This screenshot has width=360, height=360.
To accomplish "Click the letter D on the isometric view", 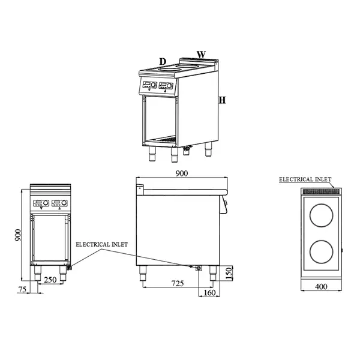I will (x=162, y=61).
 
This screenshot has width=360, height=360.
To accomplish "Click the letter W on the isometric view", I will (x=201, y=55).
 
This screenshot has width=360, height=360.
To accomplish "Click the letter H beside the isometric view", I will (x=221, y=100).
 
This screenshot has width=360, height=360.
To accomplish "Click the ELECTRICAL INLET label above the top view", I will (x=305, y=179).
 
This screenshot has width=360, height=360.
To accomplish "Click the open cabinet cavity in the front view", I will (x=52, y=238).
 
